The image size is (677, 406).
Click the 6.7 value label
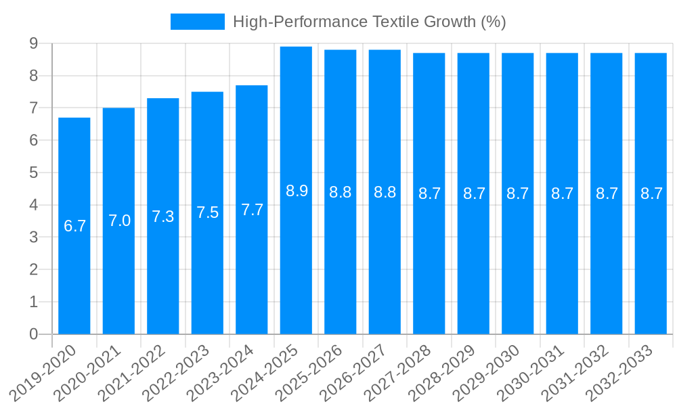point(74,226)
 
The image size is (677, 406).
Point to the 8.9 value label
point(297,191)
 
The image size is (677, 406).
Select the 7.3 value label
point(163,217)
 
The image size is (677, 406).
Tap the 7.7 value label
point(252,210)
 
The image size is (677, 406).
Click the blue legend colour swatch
point(197,22)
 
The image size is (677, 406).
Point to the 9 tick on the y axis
point(33,44)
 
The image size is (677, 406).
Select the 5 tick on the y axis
point(33,173)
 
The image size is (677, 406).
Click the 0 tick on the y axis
point(33,334)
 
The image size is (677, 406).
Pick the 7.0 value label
point(119,221)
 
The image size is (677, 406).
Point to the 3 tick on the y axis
point(33,238)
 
